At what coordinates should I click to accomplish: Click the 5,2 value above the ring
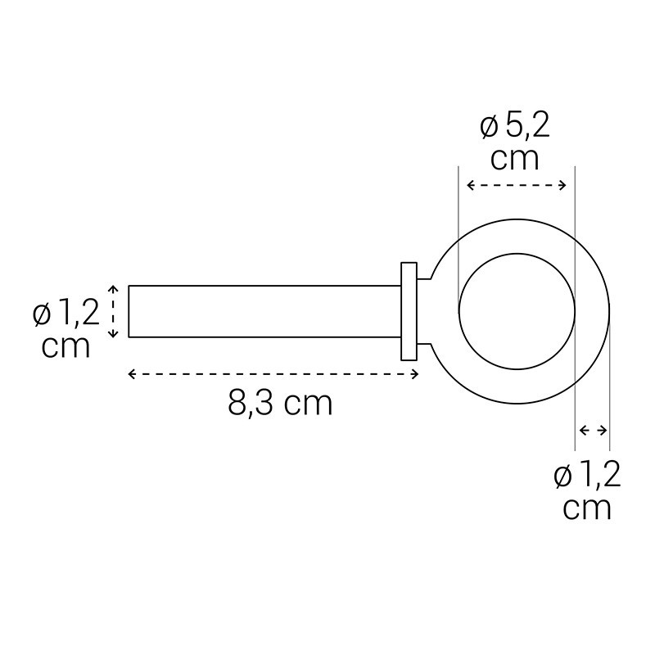[527, 127]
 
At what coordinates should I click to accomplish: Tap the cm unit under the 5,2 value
[515, 158]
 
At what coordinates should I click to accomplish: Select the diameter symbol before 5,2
[489, 128]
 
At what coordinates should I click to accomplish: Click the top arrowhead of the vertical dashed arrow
[115, 289]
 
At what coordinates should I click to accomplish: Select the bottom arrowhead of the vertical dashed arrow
[115, 333]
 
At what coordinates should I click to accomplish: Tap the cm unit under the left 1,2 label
[65, 346]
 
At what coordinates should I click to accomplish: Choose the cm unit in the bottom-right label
[587, 508]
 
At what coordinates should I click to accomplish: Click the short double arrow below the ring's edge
[594, 430]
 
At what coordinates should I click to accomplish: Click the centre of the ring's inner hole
[517, 311]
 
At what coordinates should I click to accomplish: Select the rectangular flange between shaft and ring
[409, 311]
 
